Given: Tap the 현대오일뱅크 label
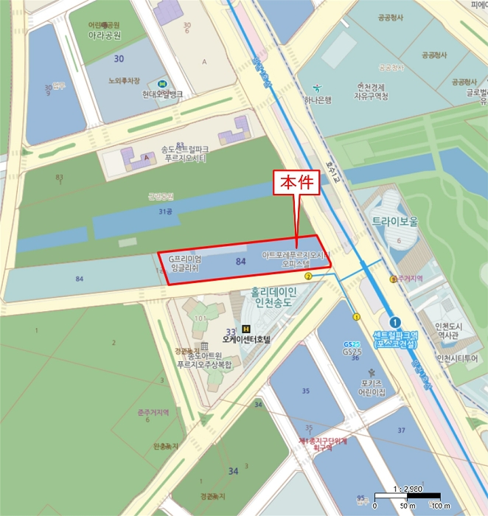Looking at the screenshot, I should [x=163, y=94].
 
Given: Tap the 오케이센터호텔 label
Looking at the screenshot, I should [x=246, y=340].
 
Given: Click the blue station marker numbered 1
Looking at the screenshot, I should [x=395, y=321].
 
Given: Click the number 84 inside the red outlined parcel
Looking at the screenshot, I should [x=240, y=262].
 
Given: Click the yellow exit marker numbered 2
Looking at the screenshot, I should [x=308, y=276].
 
